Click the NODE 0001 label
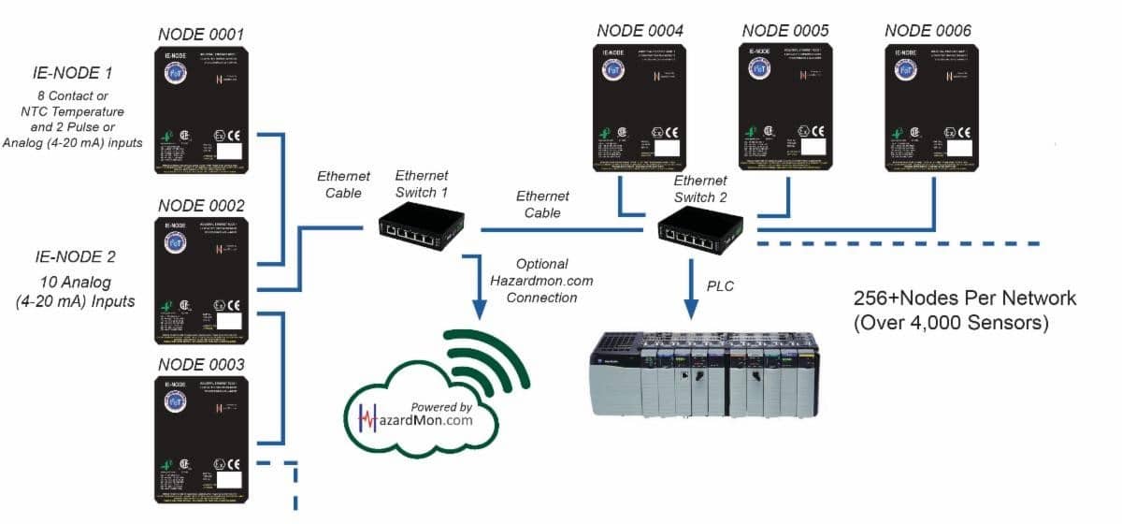pos(201,36)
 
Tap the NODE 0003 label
pos(201,364)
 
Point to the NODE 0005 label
pos(785,31)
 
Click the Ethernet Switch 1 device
pos(420,227)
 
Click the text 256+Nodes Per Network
pos(965,298)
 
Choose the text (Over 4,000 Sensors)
pos(952,324)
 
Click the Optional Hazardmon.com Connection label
pos(541,281)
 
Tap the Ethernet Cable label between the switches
pos(542,204)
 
